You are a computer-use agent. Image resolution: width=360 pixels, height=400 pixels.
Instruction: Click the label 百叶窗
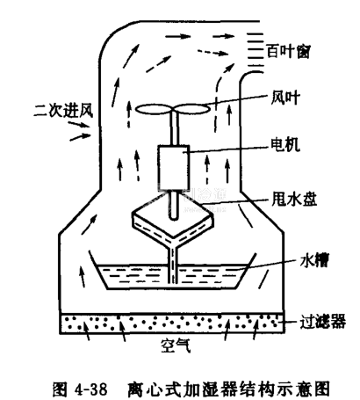[x=288, y=52]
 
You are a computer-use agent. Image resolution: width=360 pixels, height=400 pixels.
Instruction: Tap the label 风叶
[x=284, y=98]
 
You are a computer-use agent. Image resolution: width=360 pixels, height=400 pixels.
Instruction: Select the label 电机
[x=285, y=144]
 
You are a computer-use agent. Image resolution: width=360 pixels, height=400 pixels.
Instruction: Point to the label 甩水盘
[x=294, y=200]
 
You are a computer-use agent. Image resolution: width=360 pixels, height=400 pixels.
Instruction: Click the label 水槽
[x=314, y=260]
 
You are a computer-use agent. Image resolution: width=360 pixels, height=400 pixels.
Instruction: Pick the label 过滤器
[x=322, y=321]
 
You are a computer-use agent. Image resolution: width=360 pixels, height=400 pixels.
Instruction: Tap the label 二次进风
[x=63, y=111]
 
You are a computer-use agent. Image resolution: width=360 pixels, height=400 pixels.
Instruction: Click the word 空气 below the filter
[x=176, y=345]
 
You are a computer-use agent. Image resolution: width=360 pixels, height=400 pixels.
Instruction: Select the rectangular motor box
[x=174, y=168]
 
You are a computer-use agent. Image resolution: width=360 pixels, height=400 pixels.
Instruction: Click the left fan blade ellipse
[x=155, y=109]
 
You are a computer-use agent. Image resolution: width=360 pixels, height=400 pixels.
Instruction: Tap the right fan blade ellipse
[x=192, y=109]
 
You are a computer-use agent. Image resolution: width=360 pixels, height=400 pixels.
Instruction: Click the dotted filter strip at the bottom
[x=172, y=324]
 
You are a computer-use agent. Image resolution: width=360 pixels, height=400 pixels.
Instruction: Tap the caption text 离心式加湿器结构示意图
[x=228, y=389]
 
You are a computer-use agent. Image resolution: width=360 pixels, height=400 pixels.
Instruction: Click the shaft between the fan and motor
[x=174, y=129]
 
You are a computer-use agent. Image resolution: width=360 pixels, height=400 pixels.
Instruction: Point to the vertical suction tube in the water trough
[x=173, y=265]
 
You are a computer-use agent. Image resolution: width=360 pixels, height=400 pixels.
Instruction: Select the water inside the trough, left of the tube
[x=134, y=275]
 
